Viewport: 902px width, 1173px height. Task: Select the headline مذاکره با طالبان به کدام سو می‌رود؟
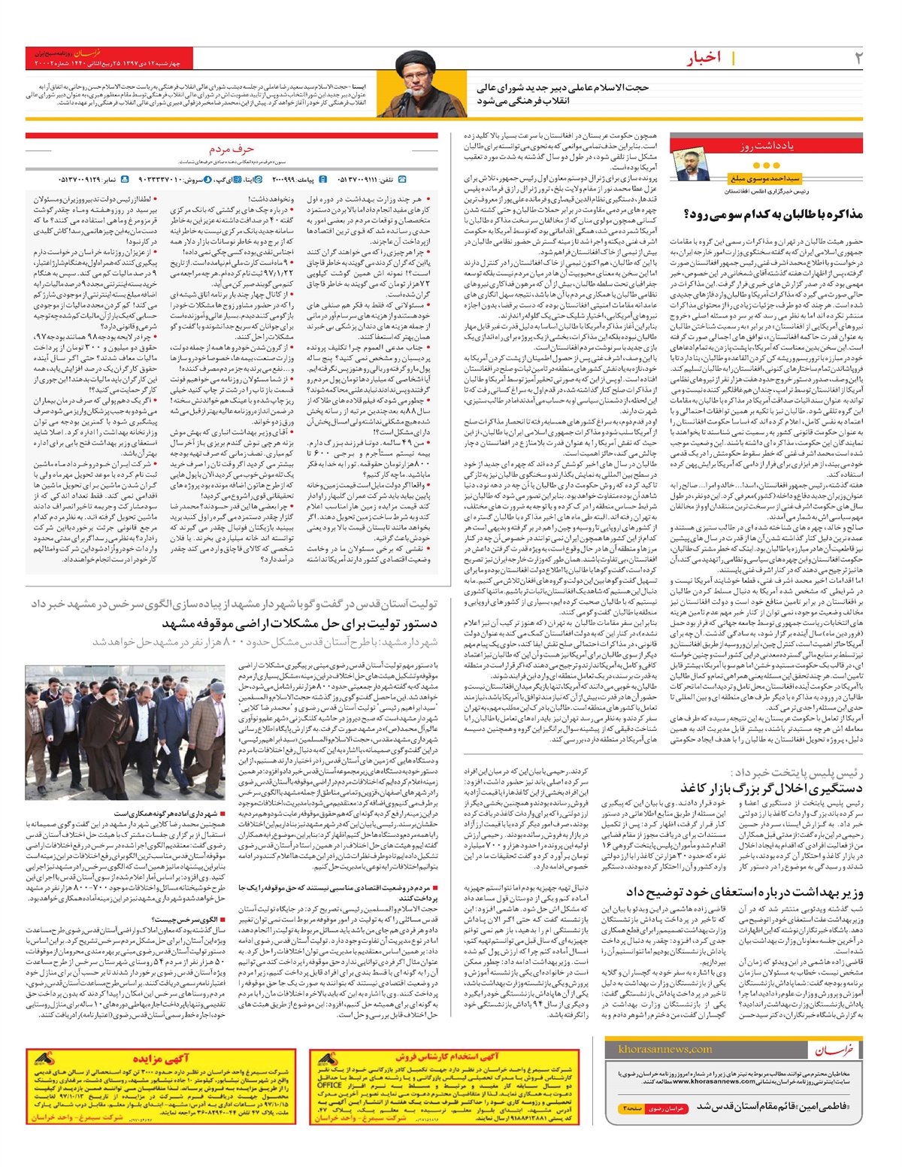pyautogui.click(x=773, y=214)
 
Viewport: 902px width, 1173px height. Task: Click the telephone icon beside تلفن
pyautogui.click(x=402, y=180)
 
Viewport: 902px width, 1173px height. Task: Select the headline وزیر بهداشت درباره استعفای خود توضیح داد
pyautogui.click(x=744, y=893)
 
